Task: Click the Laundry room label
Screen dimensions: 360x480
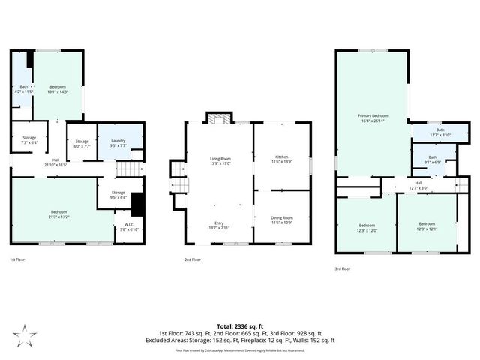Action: (117, 141)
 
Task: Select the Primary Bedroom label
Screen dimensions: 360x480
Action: (372, 115)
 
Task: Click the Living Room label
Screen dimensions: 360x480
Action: (220, 159)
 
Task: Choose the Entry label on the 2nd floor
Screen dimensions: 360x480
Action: (220, 224)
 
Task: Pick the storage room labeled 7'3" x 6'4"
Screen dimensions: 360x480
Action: (29, 138)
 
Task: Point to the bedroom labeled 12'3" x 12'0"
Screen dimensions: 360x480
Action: (366, 226)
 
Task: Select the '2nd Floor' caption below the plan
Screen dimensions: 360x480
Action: (193, 259)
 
